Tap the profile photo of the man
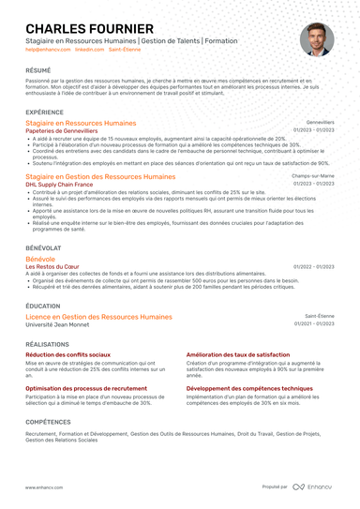316,39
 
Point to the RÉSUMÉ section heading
38,70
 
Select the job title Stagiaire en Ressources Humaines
81,123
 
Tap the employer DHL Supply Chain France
59,184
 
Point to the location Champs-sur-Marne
313,176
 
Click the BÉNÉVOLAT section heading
43,247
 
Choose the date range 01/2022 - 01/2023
314,266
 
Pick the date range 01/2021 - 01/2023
314,324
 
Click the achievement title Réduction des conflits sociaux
67,355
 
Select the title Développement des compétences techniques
249,387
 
